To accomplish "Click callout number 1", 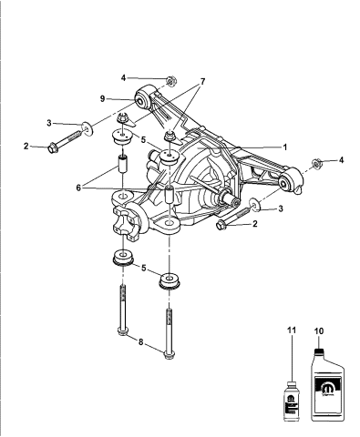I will [x=284, y=147].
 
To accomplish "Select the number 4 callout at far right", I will [x=342, y=161].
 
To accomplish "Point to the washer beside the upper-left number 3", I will [x=87, y=127].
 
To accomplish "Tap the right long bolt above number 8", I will [x=169, y=323].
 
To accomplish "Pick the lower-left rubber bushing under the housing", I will [x=120, y=258].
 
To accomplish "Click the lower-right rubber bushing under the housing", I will [x=169, y=280].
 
